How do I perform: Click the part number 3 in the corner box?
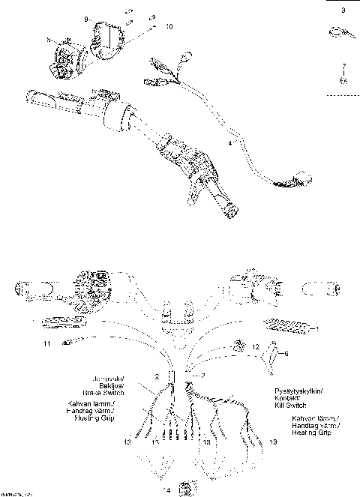click(x=343, y=11)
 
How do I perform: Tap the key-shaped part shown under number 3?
click(x=337, y=33)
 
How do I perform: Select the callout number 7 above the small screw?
click(x=343, y=67)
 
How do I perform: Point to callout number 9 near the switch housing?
click(x=85, y=17)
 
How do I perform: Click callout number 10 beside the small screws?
click(x=169, y=26)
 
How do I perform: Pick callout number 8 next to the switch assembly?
click(x=48, y=39)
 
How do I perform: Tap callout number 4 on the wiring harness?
click(x=230, y=140)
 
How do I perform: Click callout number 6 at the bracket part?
click(x=286, y=352)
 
